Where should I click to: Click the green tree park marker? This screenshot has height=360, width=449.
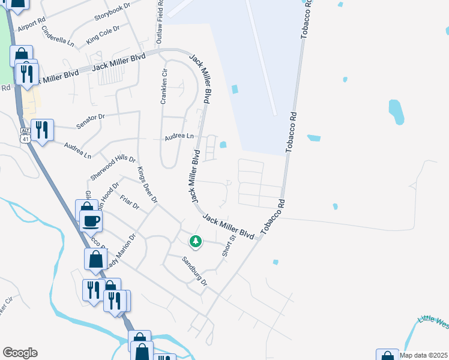195,241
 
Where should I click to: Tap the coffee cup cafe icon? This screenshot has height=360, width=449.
91,221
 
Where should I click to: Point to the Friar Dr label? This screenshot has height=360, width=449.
129,201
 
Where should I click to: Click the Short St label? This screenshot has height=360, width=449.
229,246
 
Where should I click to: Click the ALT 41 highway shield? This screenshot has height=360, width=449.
25,134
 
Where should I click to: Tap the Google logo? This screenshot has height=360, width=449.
20,353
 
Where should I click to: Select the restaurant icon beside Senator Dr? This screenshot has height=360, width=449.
42,130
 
